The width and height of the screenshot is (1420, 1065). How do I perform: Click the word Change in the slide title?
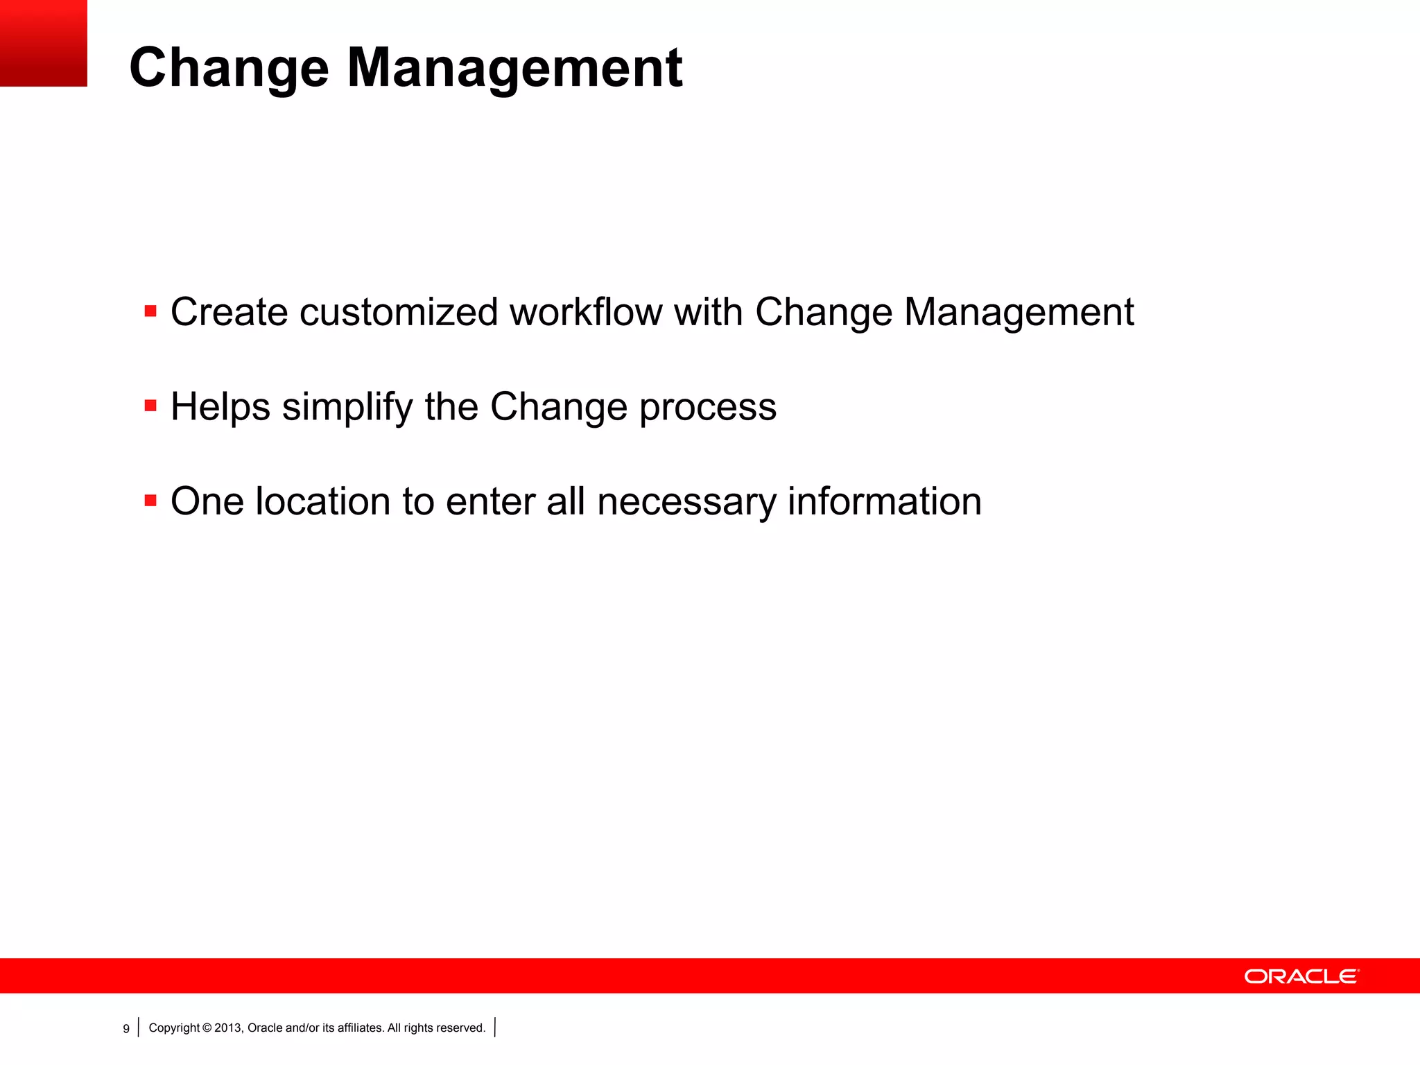coord(229,68)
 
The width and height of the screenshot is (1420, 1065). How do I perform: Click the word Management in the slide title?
coord(514,68)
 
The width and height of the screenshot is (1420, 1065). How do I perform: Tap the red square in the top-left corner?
coord(43,43)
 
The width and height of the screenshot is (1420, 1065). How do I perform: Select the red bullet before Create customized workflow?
coord(150,311)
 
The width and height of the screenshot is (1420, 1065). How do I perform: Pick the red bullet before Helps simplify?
coord(150,405)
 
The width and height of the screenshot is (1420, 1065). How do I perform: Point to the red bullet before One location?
coord(150,500)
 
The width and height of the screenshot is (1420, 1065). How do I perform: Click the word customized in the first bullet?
coord(399,312)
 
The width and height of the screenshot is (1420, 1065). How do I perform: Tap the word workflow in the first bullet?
coord(586,312)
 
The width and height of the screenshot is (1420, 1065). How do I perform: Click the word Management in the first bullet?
coord(1019,312)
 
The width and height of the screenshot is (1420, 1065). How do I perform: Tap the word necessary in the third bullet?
coord(686,501)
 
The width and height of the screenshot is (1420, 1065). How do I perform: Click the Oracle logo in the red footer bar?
coord(1301,976)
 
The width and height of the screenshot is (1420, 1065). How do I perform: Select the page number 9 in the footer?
coord(126,1028)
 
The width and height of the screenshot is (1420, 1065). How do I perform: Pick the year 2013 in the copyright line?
coord(227,1028)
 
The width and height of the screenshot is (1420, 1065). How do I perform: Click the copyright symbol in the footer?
coord(207,1028)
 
